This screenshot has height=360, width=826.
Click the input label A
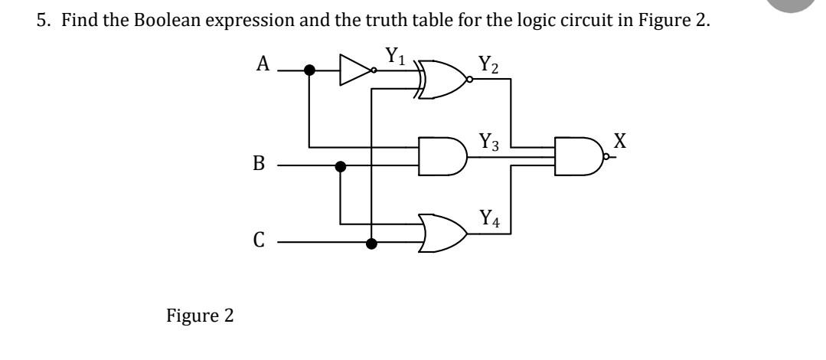click(263, 64)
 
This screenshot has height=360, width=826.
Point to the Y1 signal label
click(393, 57)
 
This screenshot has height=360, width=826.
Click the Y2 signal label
click(488, 64)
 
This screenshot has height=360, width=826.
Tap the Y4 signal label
click(490, 221)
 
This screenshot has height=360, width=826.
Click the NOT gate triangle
click(356, 70)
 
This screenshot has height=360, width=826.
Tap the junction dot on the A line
click(309, 70)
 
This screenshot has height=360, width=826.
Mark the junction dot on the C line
click(371, 244)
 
